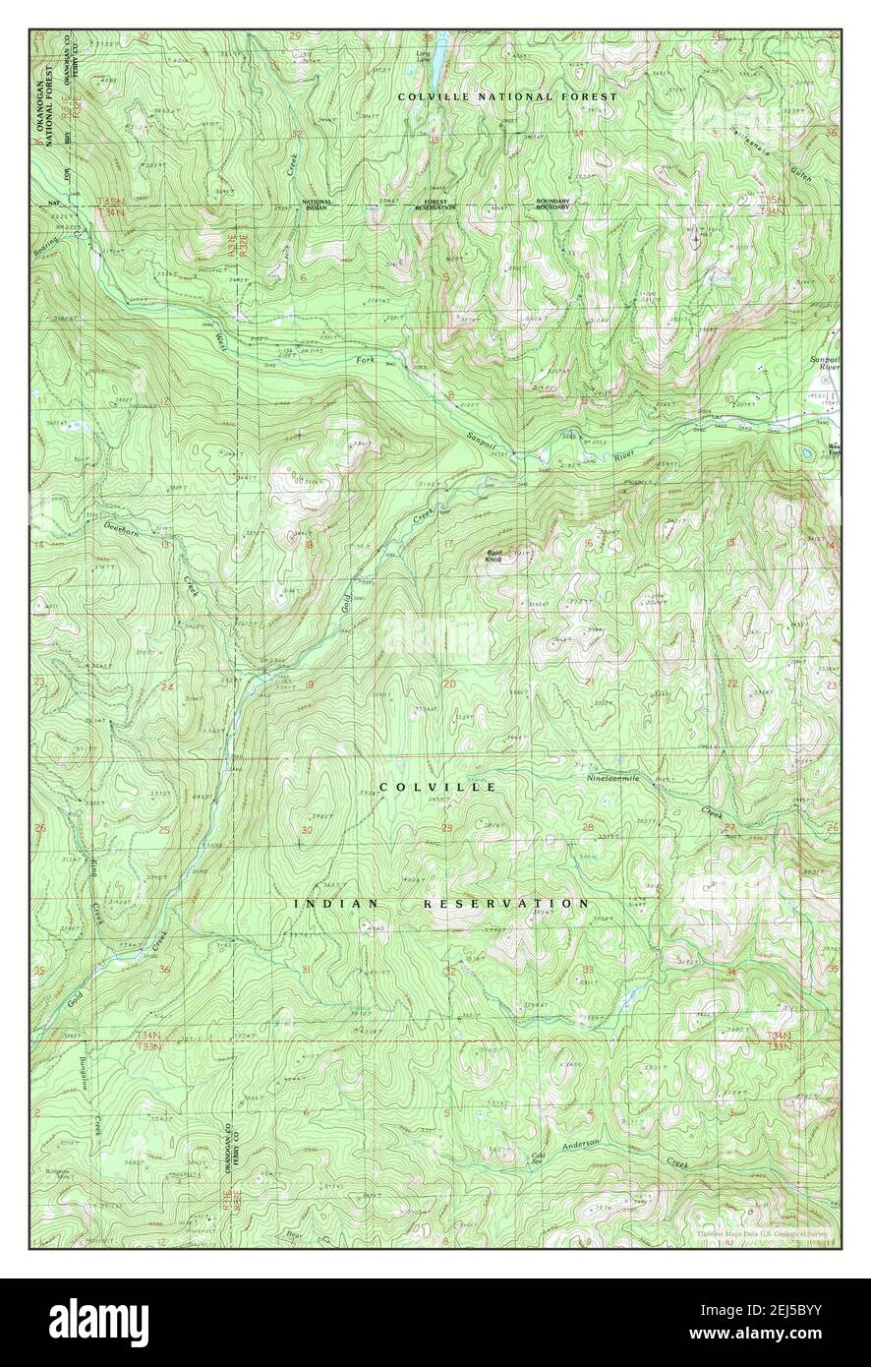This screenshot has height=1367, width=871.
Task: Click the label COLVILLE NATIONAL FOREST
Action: (x=507, y=96)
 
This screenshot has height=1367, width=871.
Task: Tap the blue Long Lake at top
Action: (x=441, y=43)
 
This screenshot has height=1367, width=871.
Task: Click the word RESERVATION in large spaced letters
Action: (x=506, y=903)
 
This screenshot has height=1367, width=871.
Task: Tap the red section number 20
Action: (x=450, y=683)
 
